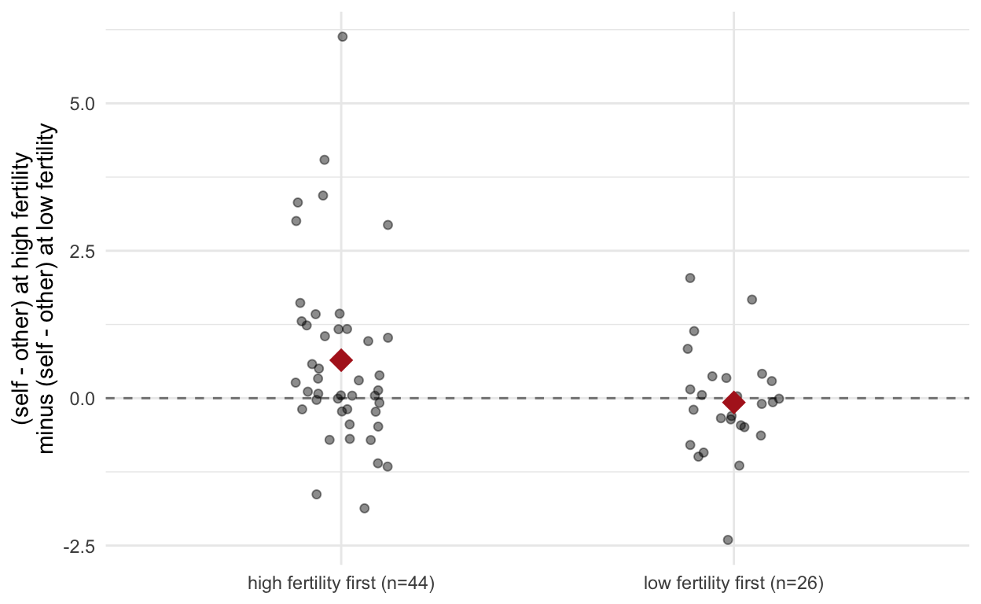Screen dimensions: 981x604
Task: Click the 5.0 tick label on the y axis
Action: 83,104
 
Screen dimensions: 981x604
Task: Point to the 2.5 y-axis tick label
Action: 83,252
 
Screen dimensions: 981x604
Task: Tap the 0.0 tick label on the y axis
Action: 83,399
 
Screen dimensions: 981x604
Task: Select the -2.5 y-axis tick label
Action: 79,547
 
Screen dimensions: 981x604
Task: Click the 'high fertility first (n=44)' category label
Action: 341,584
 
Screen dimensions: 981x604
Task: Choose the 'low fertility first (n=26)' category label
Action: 733,584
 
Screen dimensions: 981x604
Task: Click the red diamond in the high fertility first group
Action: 341,360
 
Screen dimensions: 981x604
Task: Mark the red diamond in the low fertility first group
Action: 734,403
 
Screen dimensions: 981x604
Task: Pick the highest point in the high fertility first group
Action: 343,37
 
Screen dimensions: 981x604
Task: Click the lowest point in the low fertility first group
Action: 728,540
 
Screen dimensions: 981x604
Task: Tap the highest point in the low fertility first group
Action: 690,278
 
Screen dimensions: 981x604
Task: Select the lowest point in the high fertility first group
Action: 365,509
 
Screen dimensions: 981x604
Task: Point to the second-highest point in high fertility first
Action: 325,160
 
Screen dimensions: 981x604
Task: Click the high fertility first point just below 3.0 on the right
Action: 388,225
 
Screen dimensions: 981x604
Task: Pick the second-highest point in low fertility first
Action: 752,300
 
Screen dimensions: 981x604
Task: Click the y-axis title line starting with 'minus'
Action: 46,289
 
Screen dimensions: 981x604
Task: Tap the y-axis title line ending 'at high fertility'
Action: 21,289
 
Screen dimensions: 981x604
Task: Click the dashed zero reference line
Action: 538,399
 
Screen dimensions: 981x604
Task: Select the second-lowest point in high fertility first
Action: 317,495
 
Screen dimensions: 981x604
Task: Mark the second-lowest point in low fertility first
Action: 739,466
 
